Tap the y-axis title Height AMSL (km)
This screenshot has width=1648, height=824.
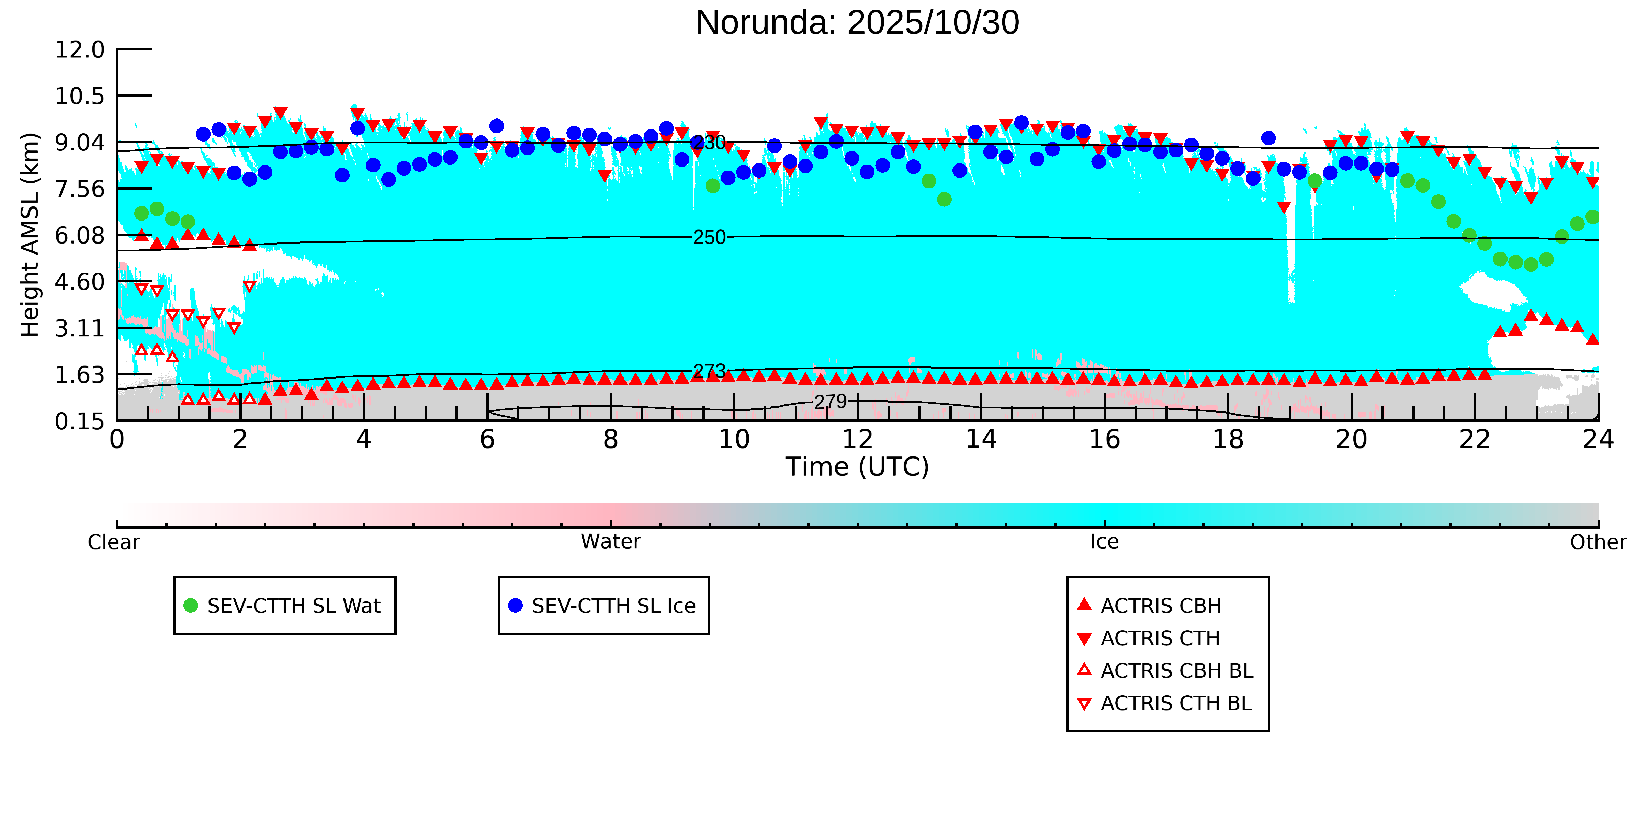click(x=30, y=235)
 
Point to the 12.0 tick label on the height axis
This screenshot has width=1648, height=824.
click(x=80, y=49)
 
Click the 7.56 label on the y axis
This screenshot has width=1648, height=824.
click(x=80, y=189)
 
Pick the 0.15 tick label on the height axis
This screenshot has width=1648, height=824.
click(x=80, y=421)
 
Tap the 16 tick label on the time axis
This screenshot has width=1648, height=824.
click(x=1104, y=440)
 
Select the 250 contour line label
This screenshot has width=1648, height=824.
click(x=710, y=237)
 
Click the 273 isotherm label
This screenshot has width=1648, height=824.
click(x=710, y=371)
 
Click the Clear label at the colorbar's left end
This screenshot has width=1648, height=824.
click(x=114, y=542)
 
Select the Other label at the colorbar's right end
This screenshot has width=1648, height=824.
click(x=1598, y=542)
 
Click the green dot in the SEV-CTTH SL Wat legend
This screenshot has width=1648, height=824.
click(x=191, y=605)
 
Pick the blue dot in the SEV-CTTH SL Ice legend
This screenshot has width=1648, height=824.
click(x=515, y=605)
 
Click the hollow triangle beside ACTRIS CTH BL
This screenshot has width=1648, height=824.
click(x=1084, y=704)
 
